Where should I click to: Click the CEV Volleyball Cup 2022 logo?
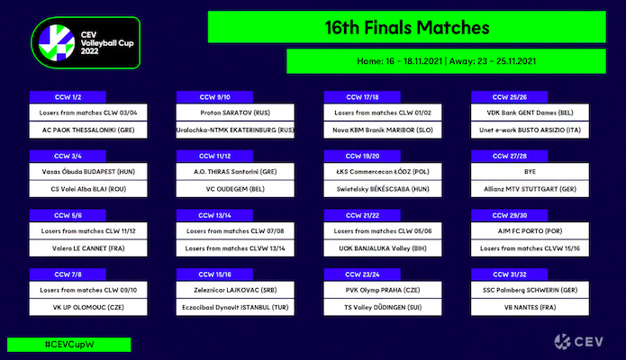pyautogui.click(x=86, y=42)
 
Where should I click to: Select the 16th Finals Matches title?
pyautogui.click(x=407, y=27)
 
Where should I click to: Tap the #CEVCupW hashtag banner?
pyautogui.click(x=69, y=345)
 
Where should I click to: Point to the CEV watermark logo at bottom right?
pyautogui.click(x=579, y=342)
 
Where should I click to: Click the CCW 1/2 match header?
pyautogui.click(x=68, y=97)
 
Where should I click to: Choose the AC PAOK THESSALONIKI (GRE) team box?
pyautogui.click(x=88, y=130)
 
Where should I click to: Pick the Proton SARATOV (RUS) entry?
pyautogui.click(x=235, y=112)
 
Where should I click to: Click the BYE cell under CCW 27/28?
pyautogui.click(x=530, y=172)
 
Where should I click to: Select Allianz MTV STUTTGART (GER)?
pyautogui.click(x=530, y=189)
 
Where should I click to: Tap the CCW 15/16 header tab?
pyautogui.click(x=214, y=274)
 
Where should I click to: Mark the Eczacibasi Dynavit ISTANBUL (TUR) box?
pyautogui.click(x=235, y=307)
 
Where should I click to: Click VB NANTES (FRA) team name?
pyautogui.click(x=530, y=307)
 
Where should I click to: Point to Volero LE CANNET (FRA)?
pyautogui.click(x=88, y=248)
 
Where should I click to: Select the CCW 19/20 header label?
pyautogui.click(x=362, y=156)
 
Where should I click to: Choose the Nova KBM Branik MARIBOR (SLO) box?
pyautogui.click(x=383, y=130)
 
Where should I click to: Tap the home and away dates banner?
pyautogui.click(x=446, y=61)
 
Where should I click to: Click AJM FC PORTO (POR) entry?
pyautogui.click(x=530, y=230)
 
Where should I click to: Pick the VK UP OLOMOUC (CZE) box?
pyautogui.click(x=88, y=307)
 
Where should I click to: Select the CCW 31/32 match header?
pyautogui.click(x=510, y=274)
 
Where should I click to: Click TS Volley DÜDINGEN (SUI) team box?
pyautogui.click(x=383, y=307)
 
